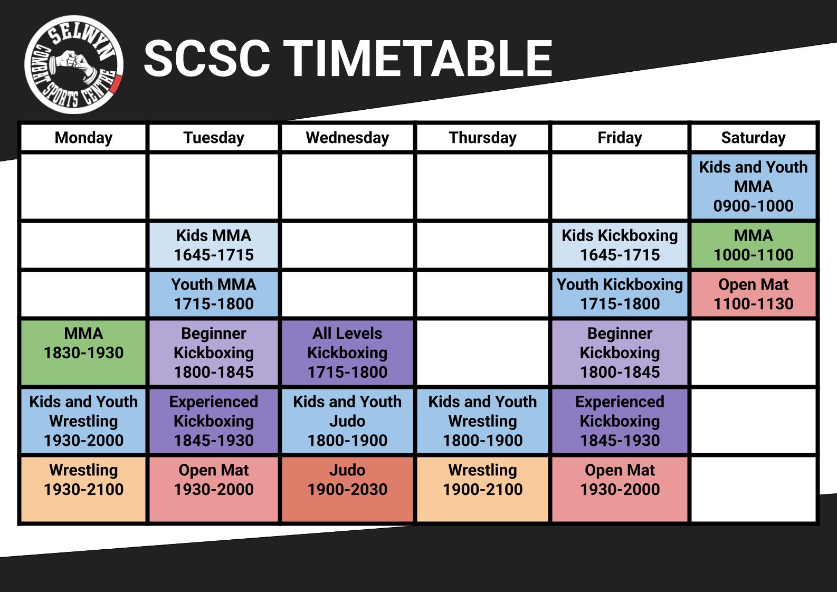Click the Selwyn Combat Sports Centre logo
pos(73,64)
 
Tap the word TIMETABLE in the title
pos(418,59)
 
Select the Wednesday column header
pos(347,138)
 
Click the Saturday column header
pos(753,138)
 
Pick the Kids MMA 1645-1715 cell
pos(214,245)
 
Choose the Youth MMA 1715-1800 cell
pos(214,294)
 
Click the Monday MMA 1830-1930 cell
pos(83,352)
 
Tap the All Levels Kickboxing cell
pos(347,352)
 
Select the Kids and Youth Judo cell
pos(347,421)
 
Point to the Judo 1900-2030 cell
pos(347,489)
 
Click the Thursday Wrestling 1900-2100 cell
pos(482,489)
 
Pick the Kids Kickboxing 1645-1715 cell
pos(620,245)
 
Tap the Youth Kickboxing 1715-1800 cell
pos(620,294)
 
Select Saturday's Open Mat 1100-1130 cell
pos(753,294)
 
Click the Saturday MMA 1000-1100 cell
pos(753,245)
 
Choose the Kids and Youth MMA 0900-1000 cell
pos(753,186)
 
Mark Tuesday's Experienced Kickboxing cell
pos(214,421)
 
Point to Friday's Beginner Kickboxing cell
pos(620,352)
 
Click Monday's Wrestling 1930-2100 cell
pos(83,489)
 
